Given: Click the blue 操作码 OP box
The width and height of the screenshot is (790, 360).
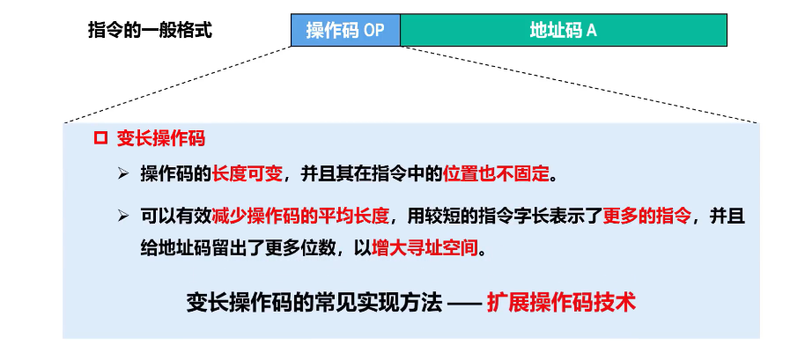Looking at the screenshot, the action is point(345,30).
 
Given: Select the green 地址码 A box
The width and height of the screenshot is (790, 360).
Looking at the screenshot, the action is point(564,30).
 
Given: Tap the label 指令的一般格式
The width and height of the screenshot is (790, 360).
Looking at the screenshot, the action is point(150,30).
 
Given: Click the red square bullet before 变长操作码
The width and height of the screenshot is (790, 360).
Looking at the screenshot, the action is point(100,138).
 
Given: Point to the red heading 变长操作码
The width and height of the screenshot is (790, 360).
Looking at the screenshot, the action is point(161,138).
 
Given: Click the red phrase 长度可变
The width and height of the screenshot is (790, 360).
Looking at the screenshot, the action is point(247,173).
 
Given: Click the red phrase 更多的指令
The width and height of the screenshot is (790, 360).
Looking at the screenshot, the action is point(647,216).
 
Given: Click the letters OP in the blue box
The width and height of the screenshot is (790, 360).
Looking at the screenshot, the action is point(374,31).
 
